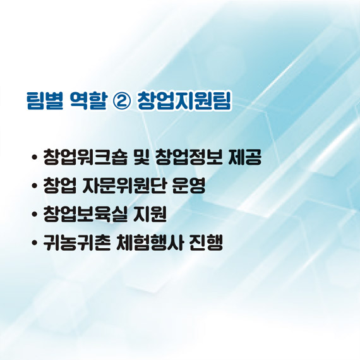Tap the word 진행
point(205,244)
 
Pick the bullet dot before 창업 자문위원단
point(33,188)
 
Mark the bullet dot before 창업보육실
point(33,216)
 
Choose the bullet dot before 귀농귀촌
point(33,244)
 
